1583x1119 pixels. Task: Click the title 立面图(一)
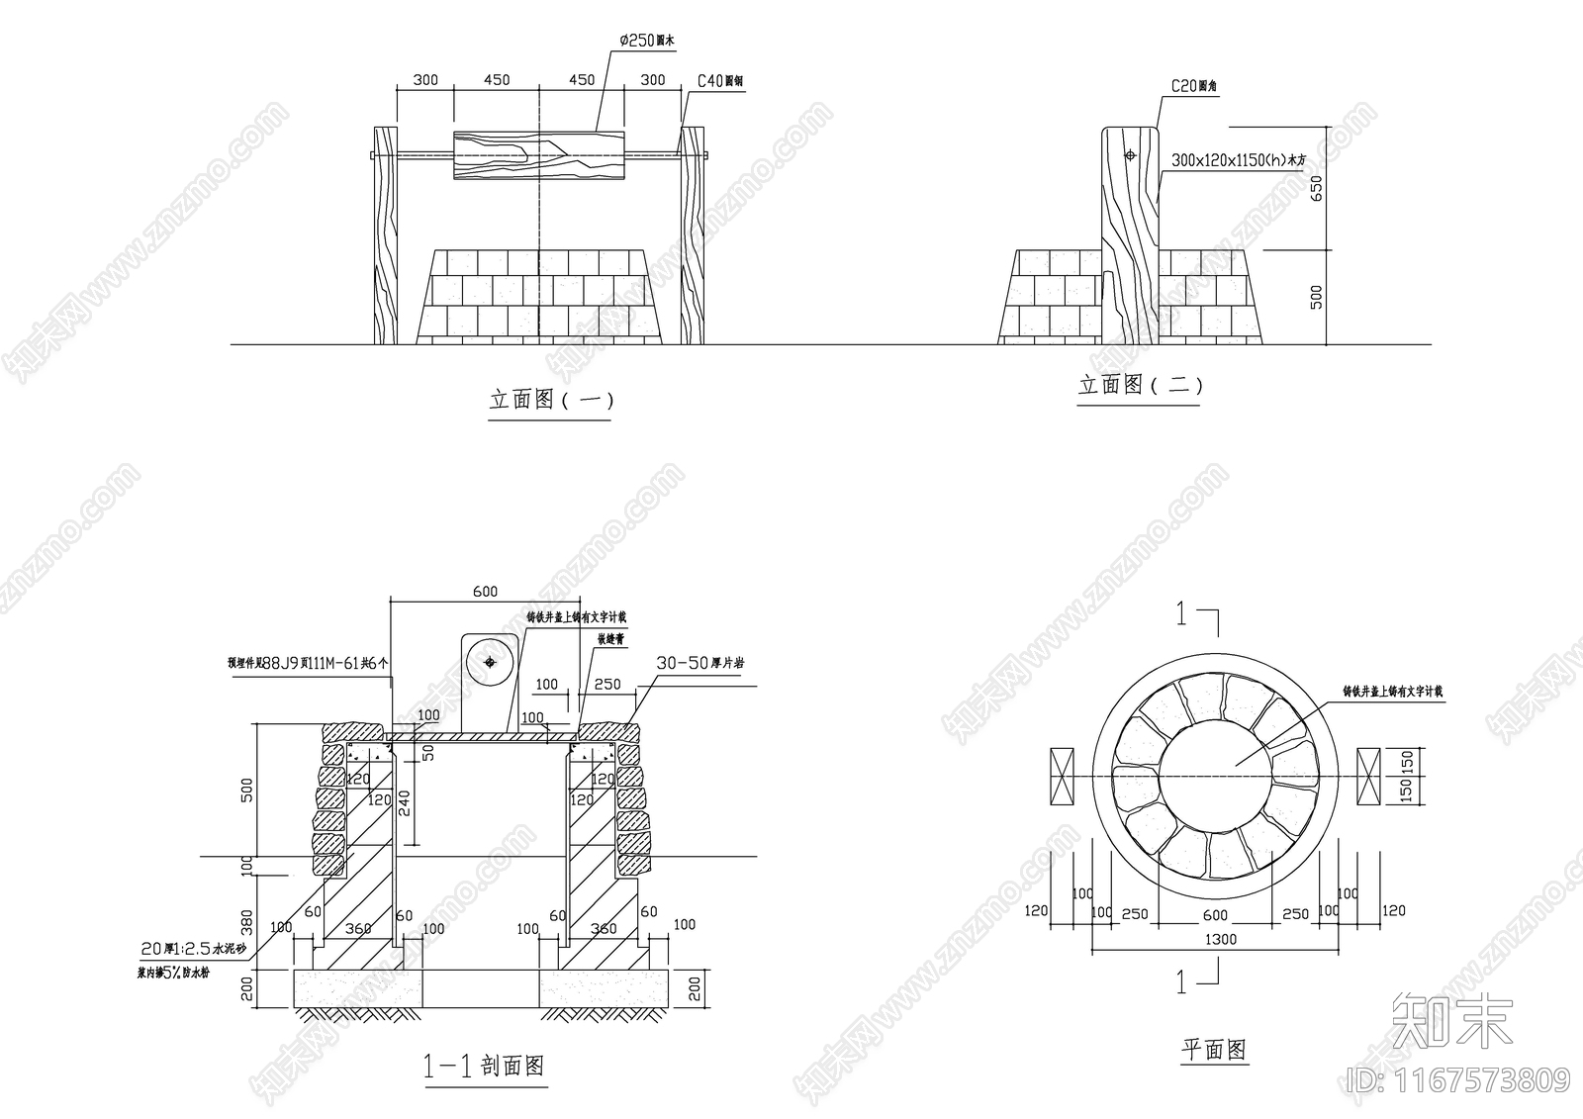[551, 400]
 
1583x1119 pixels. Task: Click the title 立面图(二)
[1140, 385]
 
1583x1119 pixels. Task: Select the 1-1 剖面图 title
[485, 1066]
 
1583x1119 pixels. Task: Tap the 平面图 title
[1215, 1050]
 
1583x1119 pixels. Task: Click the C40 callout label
[720, 81]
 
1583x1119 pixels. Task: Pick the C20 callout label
[1194, 87]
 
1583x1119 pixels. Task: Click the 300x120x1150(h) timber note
[1239, 159]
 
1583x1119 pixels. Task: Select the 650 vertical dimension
[1316, 188]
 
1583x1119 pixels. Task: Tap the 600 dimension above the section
[485, 592]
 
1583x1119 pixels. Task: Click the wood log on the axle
[539, 155]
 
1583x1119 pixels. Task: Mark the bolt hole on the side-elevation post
[1130, 155]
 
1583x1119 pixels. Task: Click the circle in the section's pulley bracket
[488, 662]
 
